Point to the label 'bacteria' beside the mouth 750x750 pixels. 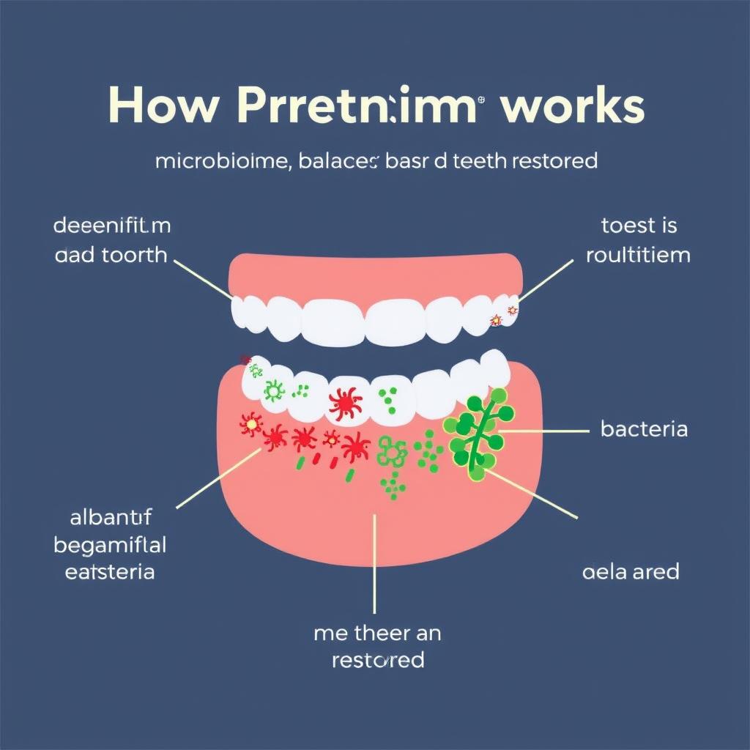(x=644, y=428)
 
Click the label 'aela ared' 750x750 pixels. (x=630, y=571)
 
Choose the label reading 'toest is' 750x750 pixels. (x=639, y=226)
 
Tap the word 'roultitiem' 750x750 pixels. (x=638, y=256)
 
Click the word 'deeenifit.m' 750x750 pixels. (x=112, y=226)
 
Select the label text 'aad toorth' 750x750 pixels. (x=111, y=256)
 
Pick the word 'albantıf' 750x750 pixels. (x=110, y=519)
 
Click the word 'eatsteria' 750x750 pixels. (x=110, y=571)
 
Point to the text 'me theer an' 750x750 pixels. (x=377, y=632)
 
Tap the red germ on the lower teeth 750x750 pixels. (x=345, y=402)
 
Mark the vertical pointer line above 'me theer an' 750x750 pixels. (x=374, y=564)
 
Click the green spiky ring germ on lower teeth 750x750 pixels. (x=274, y=391)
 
